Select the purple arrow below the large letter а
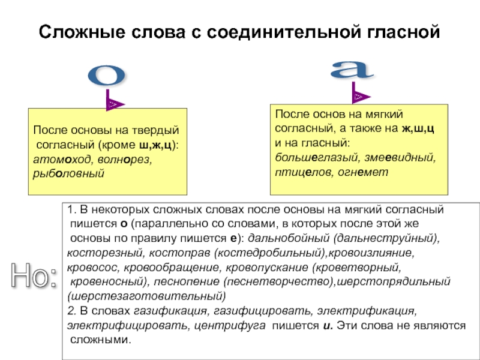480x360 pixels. pyautogui.click(x=360, y=94)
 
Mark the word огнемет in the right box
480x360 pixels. pyautogui.click(x=367, y=172)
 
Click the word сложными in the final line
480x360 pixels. pyautogui.click(x=100, y=340)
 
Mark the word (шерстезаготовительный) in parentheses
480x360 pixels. pyautogui.click(x=146, y=296)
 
